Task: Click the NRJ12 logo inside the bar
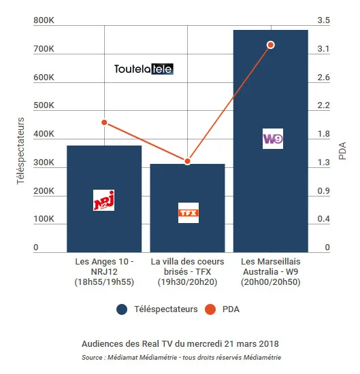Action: [103, 200]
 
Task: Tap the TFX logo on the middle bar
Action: [189, 213]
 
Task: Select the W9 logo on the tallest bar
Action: [273, 139]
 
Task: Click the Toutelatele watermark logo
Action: [144, 69]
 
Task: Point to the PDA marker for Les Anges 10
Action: [104, 122]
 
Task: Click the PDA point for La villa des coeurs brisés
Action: [188, 161]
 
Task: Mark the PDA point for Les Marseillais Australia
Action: [271, 45]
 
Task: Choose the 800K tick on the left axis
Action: [44, 20]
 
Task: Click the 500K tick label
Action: [44, 105]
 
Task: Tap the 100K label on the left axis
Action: [44, 219]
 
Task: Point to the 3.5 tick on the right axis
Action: [323, 20]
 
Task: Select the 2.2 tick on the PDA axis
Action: [323, 105]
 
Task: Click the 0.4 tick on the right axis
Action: [323, 219]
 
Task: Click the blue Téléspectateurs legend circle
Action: [122, 309]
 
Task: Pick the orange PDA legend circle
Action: [210, 309]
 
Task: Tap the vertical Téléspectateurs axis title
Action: [21, 151]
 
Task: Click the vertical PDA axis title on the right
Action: [342, 151]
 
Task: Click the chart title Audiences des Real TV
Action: [180, 344]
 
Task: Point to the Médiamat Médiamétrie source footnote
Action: [182, 357]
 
